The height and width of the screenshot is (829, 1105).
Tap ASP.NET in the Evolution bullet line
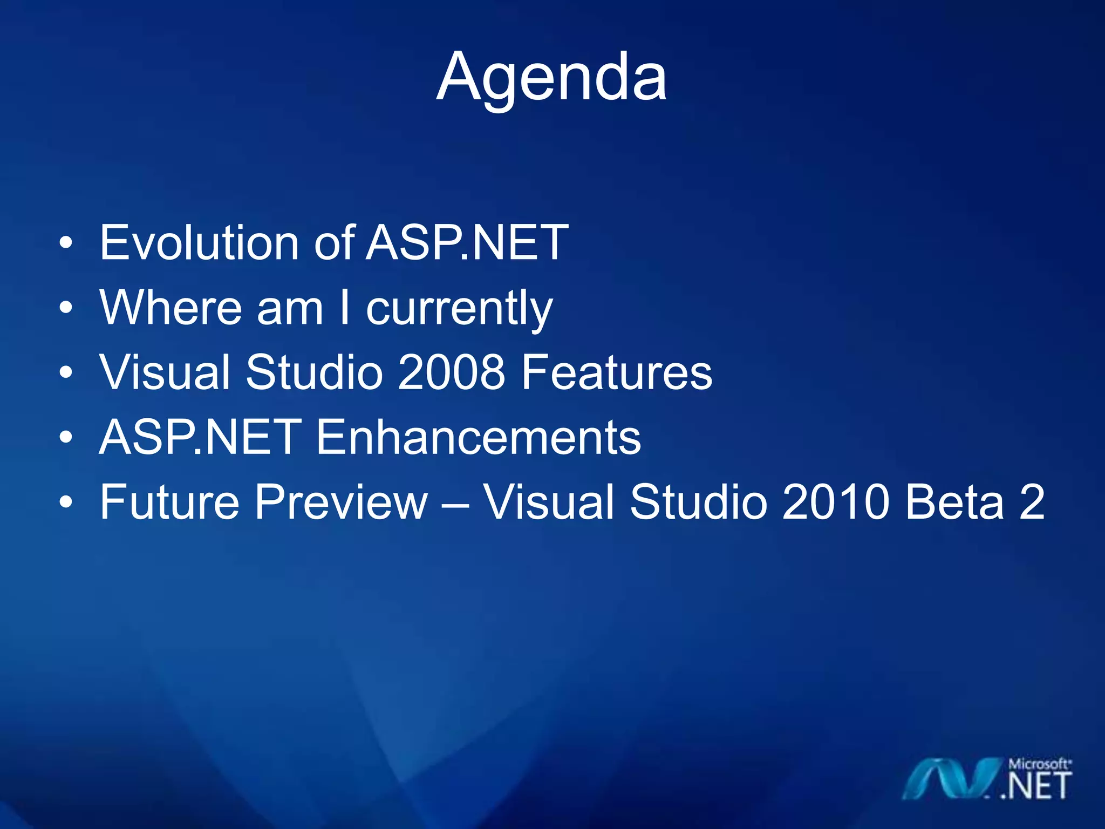pos(467,243)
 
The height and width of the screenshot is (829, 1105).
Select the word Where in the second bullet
pos(170,308)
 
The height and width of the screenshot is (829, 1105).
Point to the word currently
pos(459,309)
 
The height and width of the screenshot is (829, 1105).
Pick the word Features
pos(617,372)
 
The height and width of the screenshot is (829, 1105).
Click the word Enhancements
pos(478,437)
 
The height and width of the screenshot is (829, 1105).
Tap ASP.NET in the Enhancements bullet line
pos(200,437)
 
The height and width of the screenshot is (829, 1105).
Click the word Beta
pos(955,502)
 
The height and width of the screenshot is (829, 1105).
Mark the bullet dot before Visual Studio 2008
pos(66,373)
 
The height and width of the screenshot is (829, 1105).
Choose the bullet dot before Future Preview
pos(66,502)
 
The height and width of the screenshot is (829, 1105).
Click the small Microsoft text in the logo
pos(1039,764)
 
